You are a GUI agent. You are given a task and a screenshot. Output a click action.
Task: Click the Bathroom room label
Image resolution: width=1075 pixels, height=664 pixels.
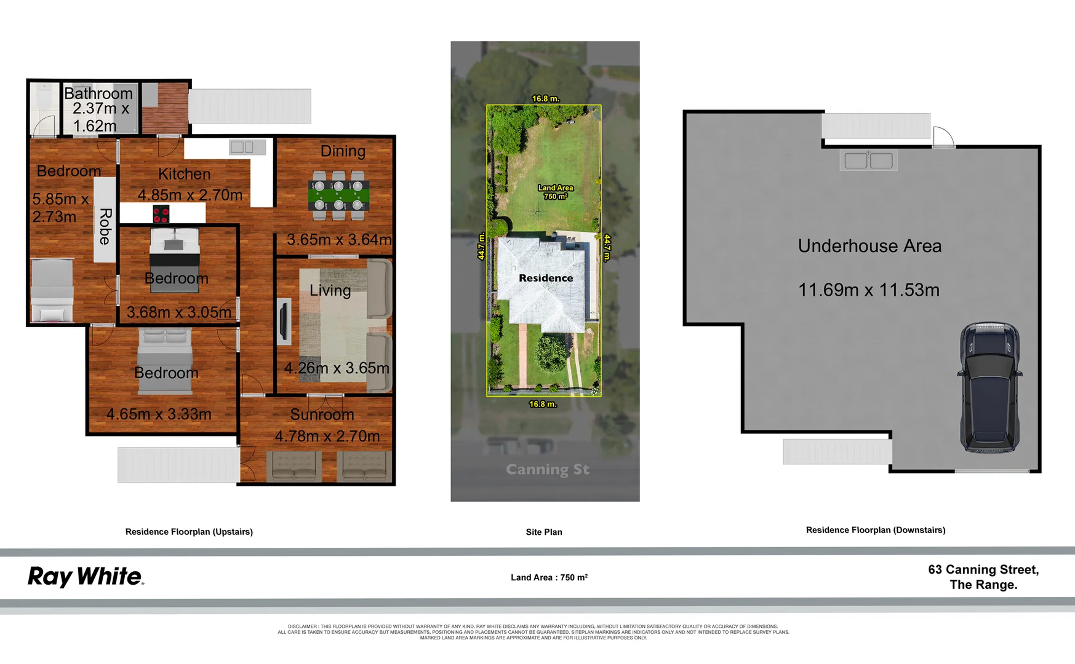pyautogui.click(x=98, y=93)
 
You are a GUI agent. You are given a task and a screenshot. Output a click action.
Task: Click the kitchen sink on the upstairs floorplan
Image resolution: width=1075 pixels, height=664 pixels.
pyautogui.click(x=241, y=147)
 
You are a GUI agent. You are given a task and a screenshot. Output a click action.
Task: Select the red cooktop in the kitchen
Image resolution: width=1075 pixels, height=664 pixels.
pyautogui.click(x=161, y=214)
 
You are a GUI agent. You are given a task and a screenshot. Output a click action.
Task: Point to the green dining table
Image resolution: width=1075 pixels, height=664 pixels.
pyautogui.click(x=338, y=196)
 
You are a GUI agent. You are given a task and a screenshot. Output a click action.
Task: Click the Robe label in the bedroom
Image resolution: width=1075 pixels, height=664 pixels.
pyautogui.click(x=105, y=226)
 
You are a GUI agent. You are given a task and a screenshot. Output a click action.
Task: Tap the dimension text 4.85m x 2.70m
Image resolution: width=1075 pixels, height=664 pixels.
pyautogui.click(x=190, y=195)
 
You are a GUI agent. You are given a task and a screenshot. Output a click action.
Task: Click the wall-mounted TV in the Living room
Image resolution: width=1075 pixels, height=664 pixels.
pyautogui.click(x=284, y=321)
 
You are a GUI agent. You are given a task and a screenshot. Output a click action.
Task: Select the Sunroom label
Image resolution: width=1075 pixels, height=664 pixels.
pyautogui.click(x=322, y=414)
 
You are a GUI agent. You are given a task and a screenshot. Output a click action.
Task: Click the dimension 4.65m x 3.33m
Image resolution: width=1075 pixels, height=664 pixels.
pyautogui.click(x=159, y=414)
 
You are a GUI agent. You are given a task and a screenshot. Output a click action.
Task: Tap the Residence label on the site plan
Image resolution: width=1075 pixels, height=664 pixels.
pyautogui.click(x=546, y=278)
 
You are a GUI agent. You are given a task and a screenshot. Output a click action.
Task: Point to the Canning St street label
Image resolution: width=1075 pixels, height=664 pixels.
pyautogui.click(x=548, y=470)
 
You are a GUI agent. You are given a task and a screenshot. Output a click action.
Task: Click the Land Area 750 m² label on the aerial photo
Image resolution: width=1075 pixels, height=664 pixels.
pyautogui.click(x=556, y=192)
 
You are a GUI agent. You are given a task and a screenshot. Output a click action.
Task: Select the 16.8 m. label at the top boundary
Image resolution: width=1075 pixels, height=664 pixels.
pyautogui.click(x=546, y=98)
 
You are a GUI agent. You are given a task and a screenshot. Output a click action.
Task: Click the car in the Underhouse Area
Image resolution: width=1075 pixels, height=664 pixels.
pyautogui.click(x=989, y=387)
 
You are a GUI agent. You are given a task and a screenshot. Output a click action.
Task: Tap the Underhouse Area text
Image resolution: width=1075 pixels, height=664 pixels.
pyautogui.click(x=869, y=246)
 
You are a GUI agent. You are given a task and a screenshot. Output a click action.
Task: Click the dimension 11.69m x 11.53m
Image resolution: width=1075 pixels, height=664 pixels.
pyautogui.click(x=869, y=290)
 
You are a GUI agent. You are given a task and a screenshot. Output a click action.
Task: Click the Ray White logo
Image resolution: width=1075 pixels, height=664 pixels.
pyautogui.click(x=86, y=577)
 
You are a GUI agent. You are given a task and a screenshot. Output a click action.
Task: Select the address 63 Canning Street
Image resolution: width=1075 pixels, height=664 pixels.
pyautogui.click(x=983, y=570)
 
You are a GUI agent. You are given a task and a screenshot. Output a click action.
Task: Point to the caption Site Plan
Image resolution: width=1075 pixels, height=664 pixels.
pyautogui.click(x=544, y=532)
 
